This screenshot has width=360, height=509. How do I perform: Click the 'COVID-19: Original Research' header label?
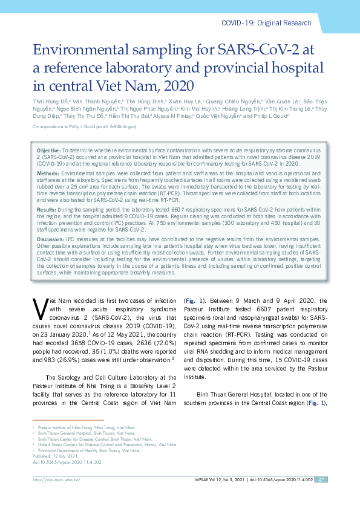coord(275,23)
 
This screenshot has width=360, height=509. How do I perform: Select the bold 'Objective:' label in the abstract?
coord(48,149)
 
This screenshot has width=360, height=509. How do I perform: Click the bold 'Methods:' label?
coord(48,172)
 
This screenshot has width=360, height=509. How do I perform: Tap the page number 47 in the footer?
coord(322,496)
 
